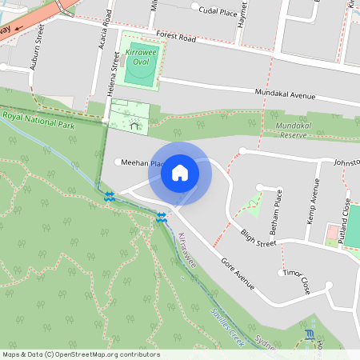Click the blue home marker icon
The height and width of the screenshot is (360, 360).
180,173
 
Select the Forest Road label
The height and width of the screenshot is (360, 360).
176,37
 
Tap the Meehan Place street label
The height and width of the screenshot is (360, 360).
142,162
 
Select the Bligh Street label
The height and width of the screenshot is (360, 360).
258,238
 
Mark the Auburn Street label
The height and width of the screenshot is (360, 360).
35,57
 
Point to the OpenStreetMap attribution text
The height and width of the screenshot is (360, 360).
80,354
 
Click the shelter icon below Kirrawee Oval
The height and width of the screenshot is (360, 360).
135,124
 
